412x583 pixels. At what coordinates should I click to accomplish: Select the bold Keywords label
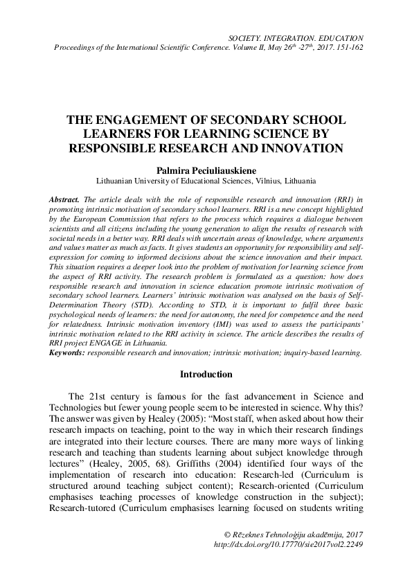pos(67,352)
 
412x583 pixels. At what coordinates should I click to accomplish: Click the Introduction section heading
pos(206,375)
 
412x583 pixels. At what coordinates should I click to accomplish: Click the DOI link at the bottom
pos(289,544)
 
